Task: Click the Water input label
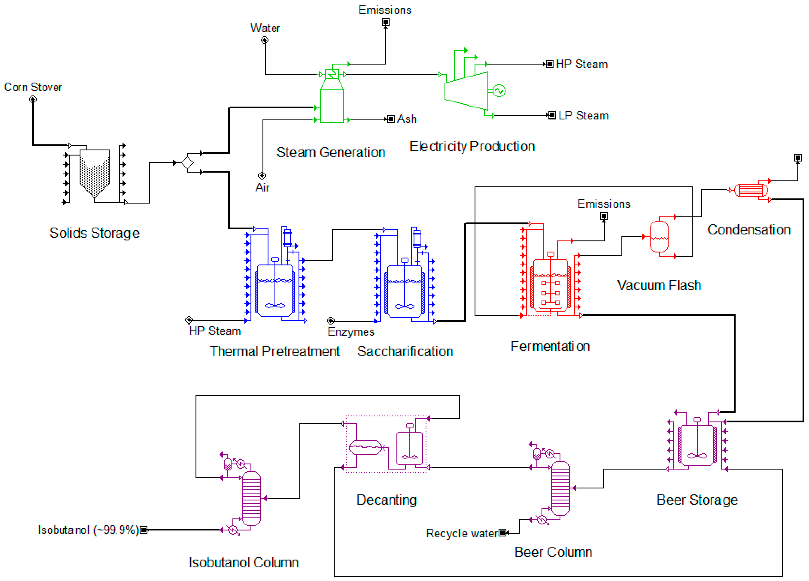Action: point(265,28)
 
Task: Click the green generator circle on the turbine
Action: point(499,91)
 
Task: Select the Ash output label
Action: point(407,119)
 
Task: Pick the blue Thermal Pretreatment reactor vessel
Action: point(275,290)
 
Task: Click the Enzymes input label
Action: point(351,332)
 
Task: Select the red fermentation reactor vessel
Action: point(550,285)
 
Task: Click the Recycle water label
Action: point(462,533)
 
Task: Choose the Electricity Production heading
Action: point(472,147)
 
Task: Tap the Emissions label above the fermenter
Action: point(604,204)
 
